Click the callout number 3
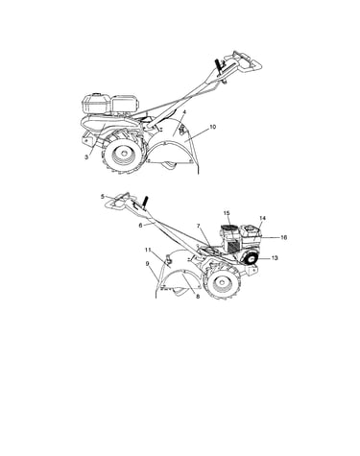pos(86,157)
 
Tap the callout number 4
pos(184,112)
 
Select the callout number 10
pos(212,127)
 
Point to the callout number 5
pos(103,197)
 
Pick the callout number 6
pos(140,225)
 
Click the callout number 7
pos(199,227)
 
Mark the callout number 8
pos(198,297)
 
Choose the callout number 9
pos(147,264)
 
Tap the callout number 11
pos(148,250)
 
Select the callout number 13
pos(275,258)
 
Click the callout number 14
pos(262,218)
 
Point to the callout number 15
pos(227,213)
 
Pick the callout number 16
pos(283,237)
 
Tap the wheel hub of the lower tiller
pos(222,283)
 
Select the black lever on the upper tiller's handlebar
pos(219,66)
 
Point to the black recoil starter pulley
pos(252,258)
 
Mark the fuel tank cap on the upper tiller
pos(95,95)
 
